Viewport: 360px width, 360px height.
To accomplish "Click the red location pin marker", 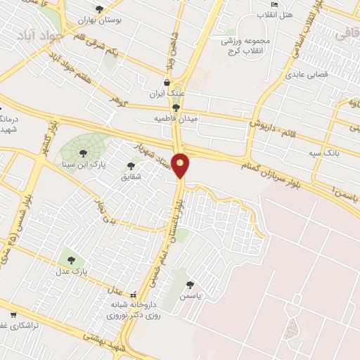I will point(181,165).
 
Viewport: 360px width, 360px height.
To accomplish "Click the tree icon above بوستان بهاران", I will point(98,9).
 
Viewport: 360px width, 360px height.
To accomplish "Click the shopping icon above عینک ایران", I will point(166,82).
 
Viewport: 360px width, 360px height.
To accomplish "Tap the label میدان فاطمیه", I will point(176,119).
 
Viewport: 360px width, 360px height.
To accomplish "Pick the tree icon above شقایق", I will point(131,166).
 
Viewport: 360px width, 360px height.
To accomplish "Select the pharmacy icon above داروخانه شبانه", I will point(134,294).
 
